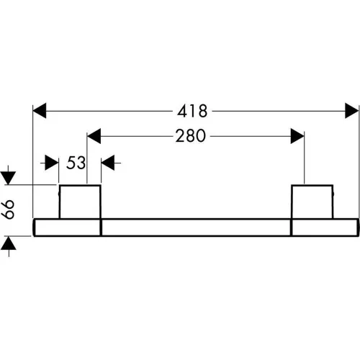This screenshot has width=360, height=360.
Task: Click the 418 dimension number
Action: tap(192, 111)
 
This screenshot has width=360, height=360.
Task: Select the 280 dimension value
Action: tap(191, 136)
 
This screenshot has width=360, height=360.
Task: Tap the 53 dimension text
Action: tap(76, 163)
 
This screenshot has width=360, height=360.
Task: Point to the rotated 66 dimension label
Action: tap(9, 209)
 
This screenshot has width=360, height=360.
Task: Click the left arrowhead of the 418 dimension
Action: tap(40, 111)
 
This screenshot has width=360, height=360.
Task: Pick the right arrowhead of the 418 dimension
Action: tap(352, 111)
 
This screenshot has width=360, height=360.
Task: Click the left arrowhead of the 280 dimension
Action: tap(94, 136)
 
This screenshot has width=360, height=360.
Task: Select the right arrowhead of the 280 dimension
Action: tap(297, 136)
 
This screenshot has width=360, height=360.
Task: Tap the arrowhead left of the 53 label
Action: tap(52, 163)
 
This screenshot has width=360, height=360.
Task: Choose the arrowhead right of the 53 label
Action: tap(108, 163)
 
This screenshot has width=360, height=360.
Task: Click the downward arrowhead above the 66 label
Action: tap(9, 178)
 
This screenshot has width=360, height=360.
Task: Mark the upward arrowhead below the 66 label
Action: tap(9, 243)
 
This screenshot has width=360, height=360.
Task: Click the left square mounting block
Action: tap(80, 202)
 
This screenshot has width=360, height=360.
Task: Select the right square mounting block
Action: tap(312, 202)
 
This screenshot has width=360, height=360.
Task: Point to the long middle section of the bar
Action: tap(196, 228)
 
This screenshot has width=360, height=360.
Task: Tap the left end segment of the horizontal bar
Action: tap(67, 228)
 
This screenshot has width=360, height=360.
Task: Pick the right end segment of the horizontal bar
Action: tap(325, 228)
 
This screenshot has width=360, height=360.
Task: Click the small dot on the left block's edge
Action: tap(59, 194)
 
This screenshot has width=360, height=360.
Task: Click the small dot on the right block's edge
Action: tap(333, 194)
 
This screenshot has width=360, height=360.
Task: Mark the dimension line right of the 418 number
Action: tap(279, 111)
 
